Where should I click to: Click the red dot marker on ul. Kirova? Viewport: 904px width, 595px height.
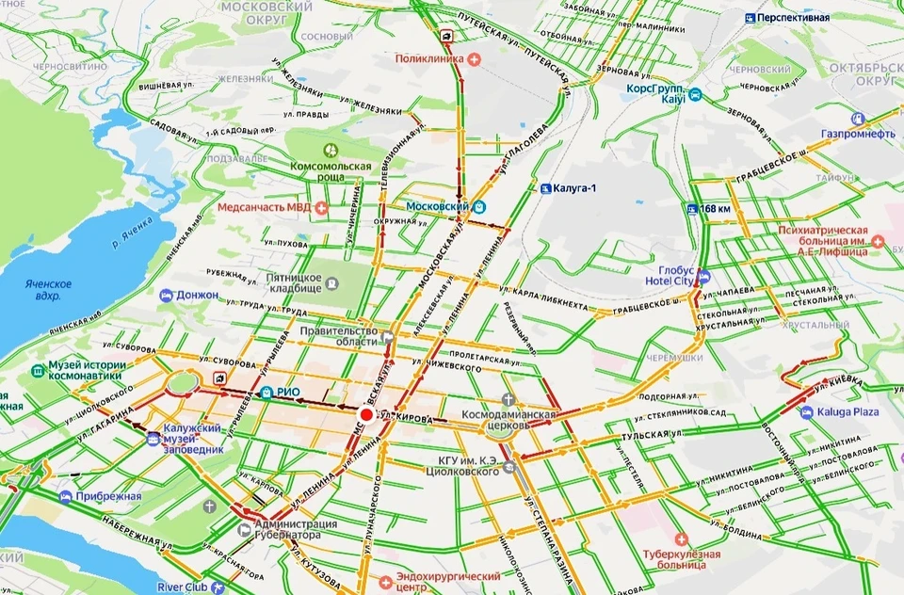pos(366,414)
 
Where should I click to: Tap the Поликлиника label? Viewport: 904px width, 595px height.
pos(429,58)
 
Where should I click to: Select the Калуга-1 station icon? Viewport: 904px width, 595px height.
pos(545,188)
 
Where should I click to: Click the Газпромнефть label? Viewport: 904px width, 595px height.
pos(857,134)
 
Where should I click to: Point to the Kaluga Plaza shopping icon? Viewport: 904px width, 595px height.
pos(807,412)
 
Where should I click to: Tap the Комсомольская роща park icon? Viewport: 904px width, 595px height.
pos(331,150)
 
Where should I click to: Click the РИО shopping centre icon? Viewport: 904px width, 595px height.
pos(268,393)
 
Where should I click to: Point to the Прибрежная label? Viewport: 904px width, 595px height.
pos(111,496)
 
